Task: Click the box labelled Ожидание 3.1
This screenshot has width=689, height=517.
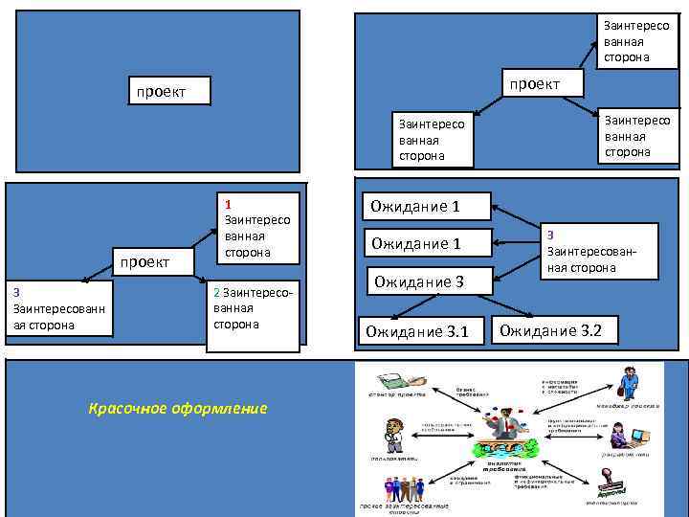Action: (x=417, y=332)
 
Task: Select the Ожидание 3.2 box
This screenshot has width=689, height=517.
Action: (x=551, y=331)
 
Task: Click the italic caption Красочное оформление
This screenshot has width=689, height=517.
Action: (x=178, y=409)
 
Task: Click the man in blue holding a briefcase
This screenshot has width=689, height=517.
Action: (x=629, y=384)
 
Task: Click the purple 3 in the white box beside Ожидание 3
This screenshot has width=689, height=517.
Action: (x=550, y=236)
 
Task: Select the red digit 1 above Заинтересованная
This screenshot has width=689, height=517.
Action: (x=228, y=203)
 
